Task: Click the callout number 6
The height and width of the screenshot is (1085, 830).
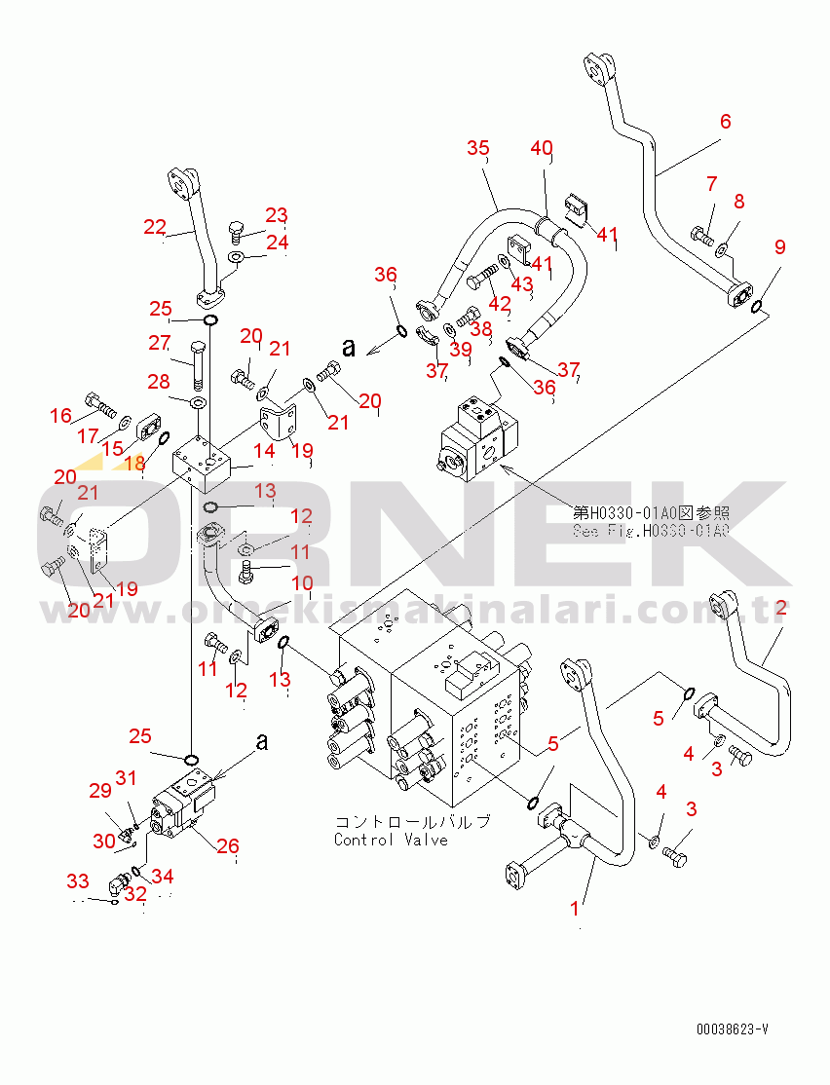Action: coord(724,122)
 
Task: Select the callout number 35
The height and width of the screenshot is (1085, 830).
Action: coord(477,148)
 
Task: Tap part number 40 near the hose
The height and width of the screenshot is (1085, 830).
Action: coord(542,148)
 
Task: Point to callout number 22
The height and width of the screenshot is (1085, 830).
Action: coord(155,227)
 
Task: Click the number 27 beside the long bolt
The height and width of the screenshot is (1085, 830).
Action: coord(159,342)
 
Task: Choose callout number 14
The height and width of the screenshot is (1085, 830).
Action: coord(265,450)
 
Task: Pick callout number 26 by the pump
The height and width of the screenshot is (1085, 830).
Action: coord(227,845)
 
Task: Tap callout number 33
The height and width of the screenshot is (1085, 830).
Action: coord(77,881)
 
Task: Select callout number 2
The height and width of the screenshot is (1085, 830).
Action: coord(779,610)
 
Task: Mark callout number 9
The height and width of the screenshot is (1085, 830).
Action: coord(779,247)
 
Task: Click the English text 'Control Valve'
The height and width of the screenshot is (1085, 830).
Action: coord(391,840)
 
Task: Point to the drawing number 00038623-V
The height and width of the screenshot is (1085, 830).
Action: coord(732,1029)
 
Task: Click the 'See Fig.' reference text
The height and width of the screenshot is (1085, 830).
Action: coord(650,531)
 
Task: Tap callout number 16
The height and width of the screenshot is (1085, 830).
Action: coord(60,416)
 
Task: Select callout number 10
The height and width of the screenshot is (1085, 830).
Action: coord(303,586)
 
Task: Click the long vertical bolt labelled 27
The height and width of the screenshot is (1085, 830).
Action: coord(199,364)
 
